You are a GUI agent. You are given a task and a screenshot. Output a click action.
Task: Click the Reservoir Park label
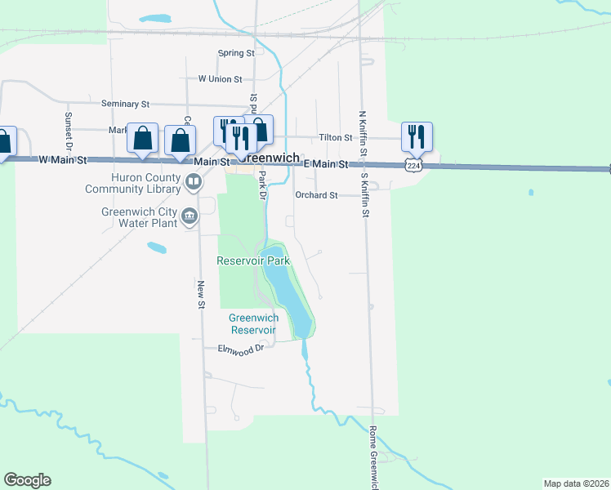[x=253, y=261]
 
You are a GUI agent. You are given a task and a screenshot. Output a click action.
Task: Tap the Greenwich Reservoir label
[x=253, y=324]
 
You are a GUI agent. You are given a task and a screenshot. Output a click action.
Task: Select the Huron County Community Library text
[x=133, y=183]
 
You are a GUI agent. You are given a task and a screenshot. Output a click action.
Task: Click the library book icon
[x=194, y=182]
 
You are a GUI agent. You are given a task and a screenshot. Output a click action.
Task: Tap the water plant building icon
[x=190, y=216]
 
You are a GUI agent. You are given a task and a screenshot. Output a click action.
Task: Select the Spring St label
[x=236, y=53]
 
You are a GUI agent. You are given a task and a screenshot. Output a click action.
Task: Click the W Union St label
[x=220, y=79]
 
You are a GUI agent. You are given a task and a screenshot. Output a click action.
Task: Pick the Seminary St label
[x=125, y=104]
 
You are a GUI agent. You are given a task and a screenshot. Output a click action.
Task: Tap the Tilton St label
[x=335, y=138]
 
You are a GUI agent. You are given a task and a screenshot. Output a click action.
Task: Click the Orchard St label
[x=316, y=195]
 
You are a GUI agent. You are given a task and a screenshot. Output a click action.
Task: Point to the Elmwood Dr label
[x=242, y=349]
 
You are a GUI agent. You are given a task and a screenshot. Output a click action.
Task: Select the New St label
[x=200, y=294]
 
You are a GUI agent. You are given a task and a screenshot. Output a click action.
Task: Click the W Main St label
[x=63, y=160]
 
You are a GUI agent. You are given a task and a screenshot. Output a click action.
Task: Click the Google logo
[x=27, y=480]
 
